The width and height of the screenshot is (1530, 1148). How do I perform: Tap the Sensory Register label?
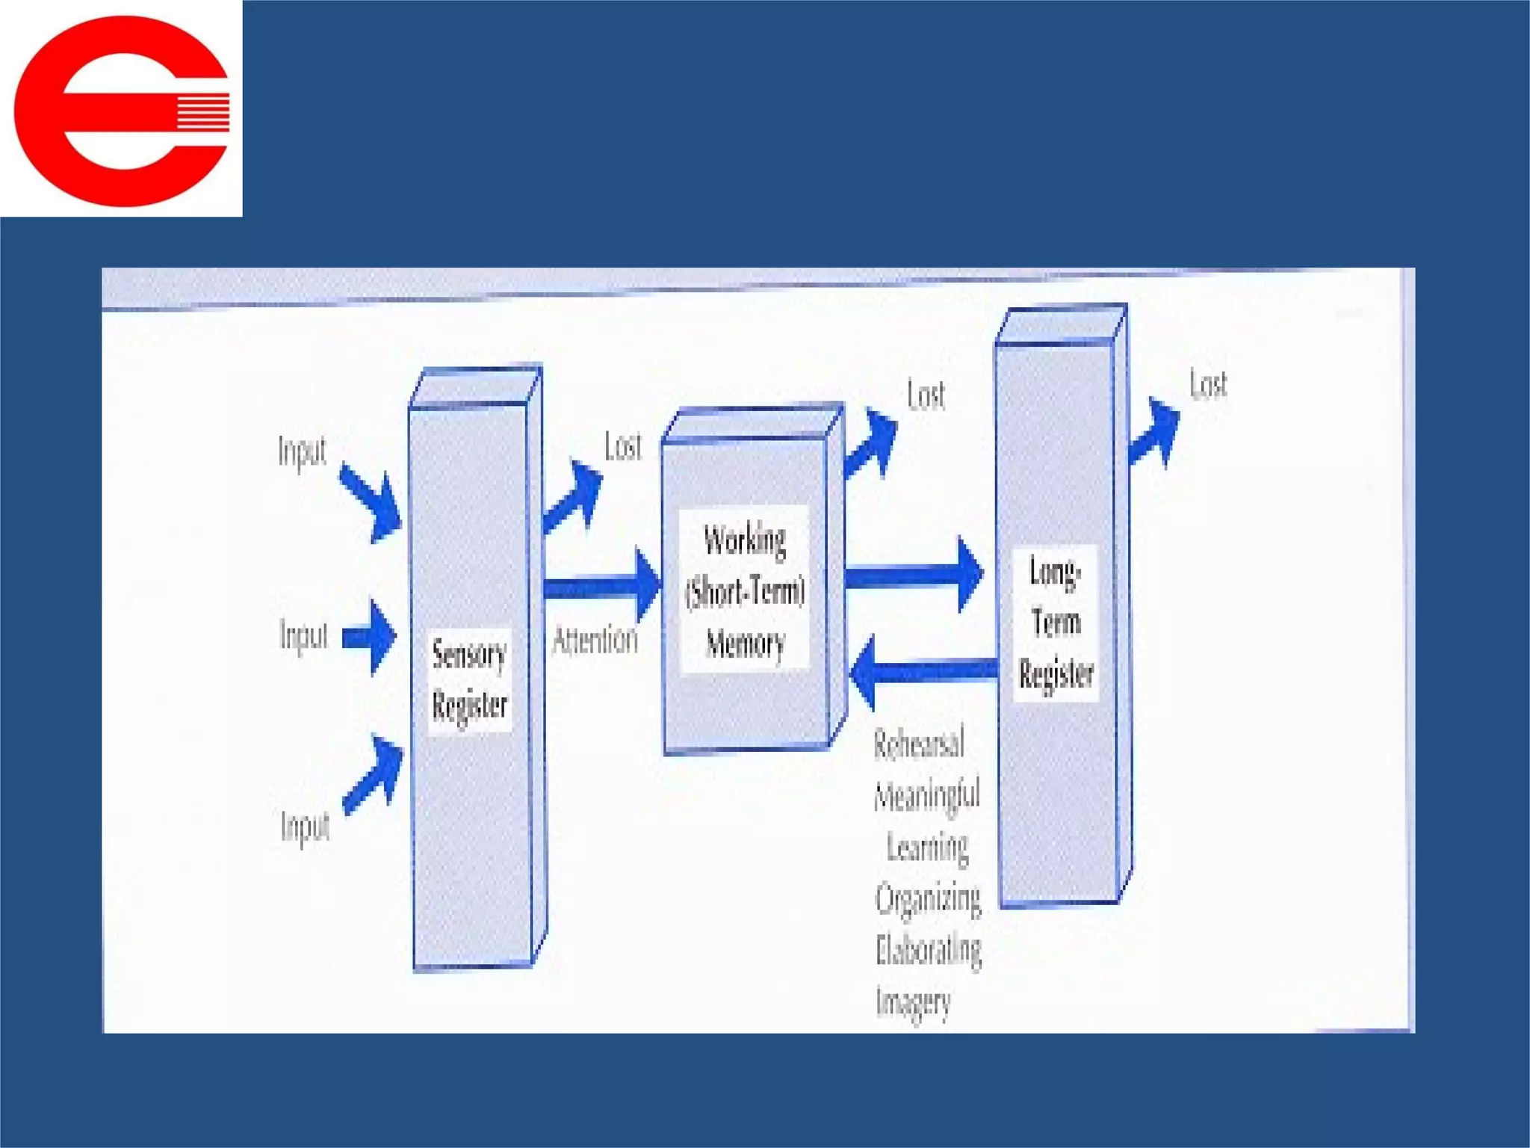pyautogui.click(x=469, y=680)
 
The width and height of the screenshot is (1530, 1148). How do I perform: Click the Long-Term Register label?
pyautogui.click(x=1056, y=623)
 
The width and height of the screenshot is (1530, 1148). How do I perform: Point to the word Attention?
pyautogui.click(x=595, y=641)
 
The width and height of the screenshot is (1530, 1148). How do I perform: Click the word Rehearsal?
pyautogui.click(x=919, y=743)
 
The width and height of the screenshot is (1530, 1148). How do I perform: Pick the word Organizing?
pyautogui.click(x=928, y=898)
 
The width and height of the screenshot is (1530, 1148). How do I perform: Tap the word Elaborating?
pyautogui.click(x=929, y=950)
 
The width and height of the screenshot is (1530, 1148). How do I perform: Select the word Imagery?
pyautogui.click(x=913, y=1002)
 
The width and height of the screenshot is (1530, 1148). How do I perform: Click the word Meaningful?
pyautogui.click(x=927, y=794)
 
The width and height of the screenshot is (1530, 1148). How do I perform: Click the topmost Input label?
pyautogui.click(x=303, y=451)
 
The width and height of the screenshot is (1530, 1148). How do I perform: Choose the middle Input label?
pyautogui.click(x=304, y=636)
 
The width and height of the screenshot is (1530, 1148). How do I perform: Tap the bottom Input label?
pyautogui.click(x=306, y=827)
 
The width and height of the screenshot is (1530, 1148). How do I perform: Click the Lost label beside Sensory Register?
pyautogui.click(x=623, y=447)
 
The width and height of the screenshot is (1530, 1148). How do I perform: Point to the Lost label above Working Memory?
pyautogui.click(x=926, y=395)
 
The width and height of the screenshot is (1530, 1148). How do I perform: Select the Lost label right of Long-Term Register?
pyautogui.click(x=1208, y=385)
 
